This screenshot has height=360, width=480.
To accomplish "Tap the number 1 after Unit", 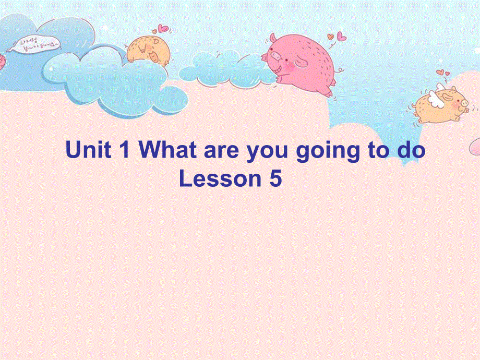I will pos(124,151).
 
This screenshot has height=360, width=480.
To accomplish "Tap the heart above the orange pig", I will pos(163,28).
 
